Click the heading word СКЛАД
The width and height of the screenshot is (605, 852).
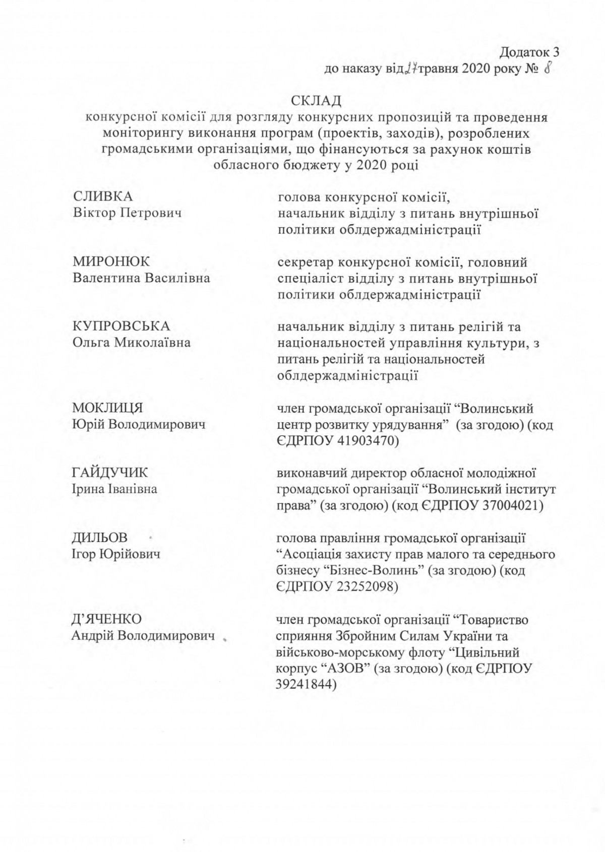click(316, 101)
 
